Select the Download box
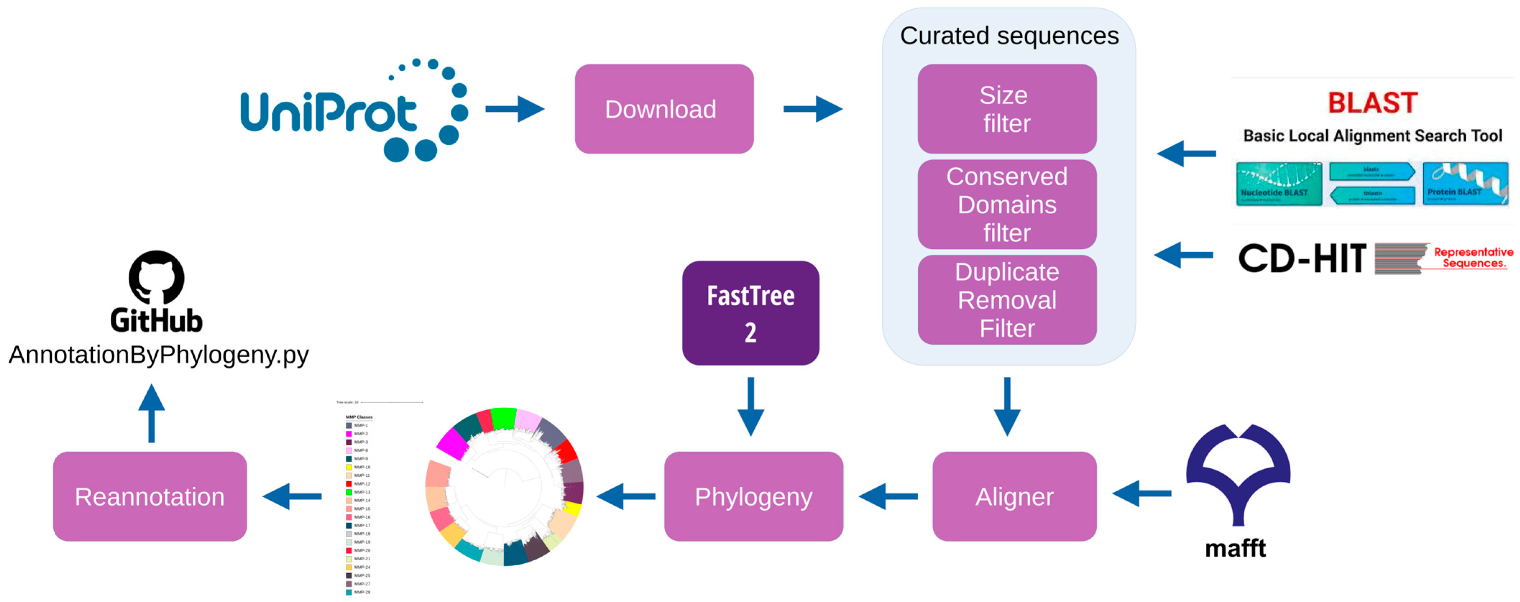664,110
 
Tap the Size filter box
1007,110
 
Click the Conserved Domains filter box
1007,205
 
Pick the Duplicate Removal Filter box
1007,300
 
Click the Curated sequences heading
1009,36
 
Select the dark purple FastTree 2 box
751,313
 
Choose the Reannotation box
150,496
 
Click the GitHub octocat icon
156,277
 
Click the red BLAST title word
1372,103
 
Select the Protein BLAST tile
1465,184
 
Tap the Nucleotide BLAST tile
1278,184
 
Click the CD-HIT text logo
1301,258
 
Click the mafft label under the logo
1235,548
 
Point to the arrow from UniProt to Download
515,109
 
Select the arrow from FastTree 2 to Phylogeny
751,407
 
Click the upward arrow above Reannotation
152,413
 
